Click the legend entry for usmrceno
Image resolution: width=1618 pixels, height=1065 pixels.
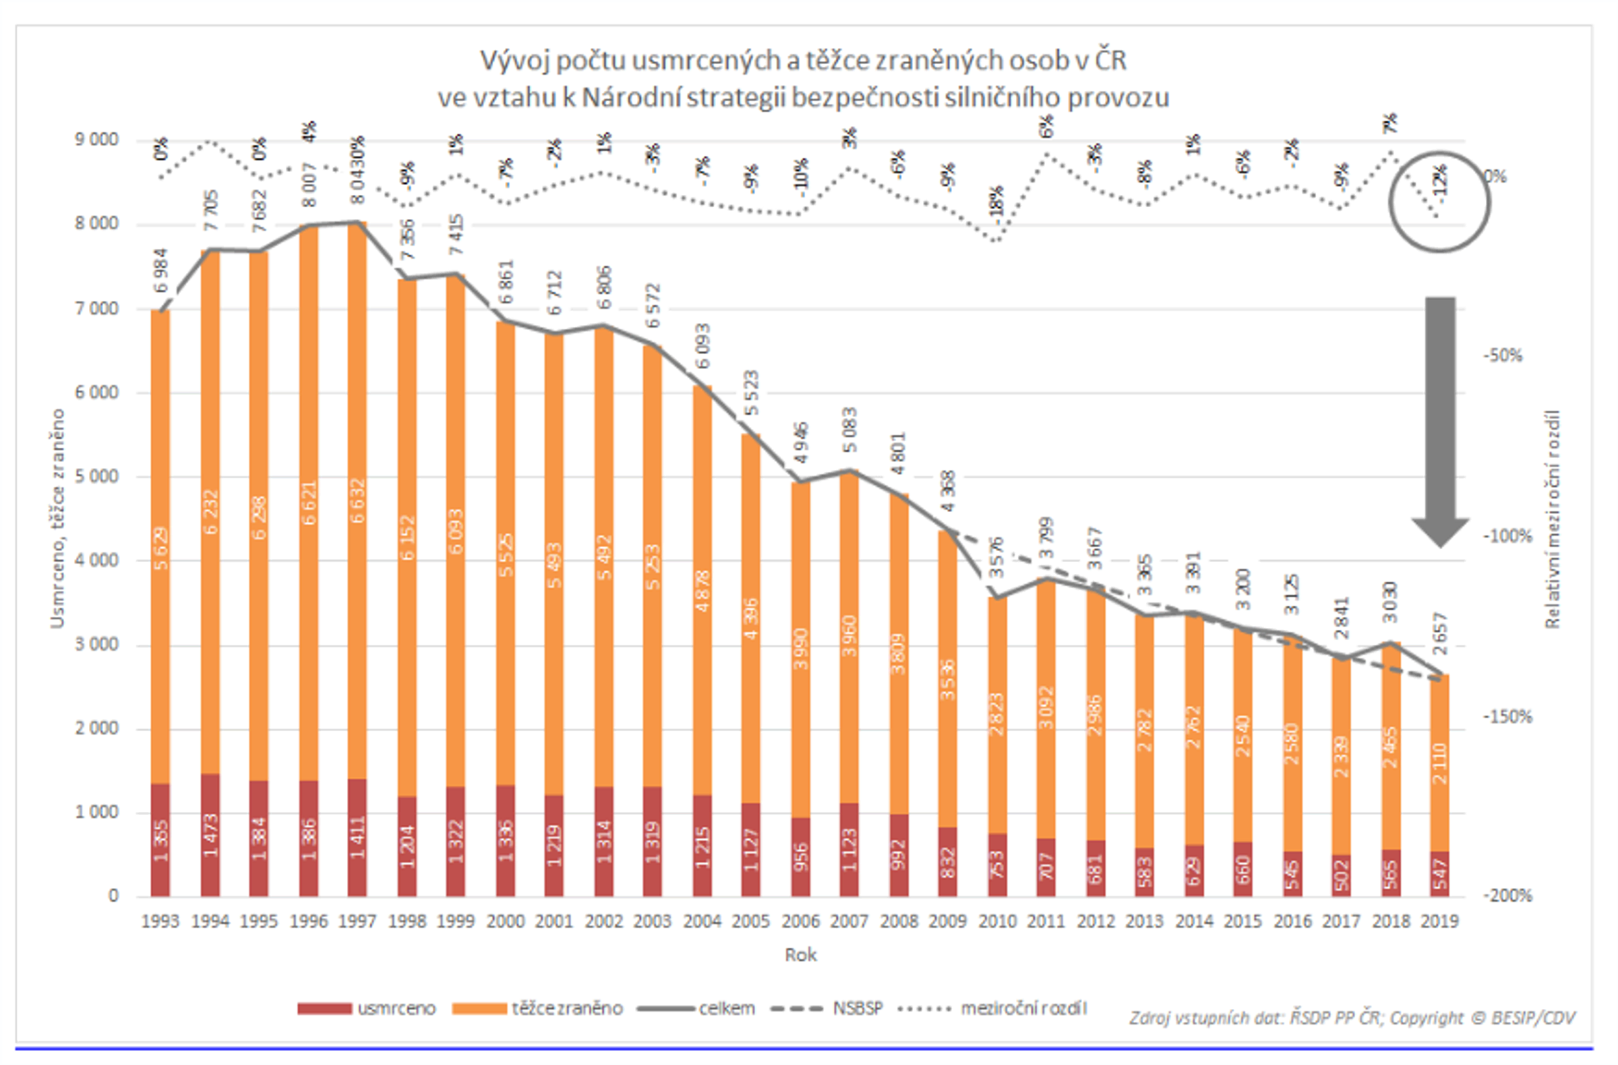point(367,1008)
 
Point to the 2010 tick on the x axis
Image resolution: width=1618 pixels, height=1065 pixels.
point(996,921)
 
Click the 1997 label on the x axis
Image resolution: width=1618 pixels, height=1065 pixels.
point(357,921)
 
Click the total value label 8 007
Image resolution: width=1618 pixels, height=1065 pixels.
point(309,184)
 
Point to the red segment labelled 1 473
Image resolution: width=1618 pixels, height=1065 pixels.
point(210,835)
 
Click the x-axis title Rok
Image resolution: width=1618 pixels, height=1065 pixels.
point(800,955)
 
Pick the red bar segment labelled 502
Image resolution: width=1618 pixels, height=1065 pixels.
point(1341,876)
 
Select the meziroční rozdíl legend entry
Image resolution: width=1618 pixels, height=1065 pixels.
point(992,1008)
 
